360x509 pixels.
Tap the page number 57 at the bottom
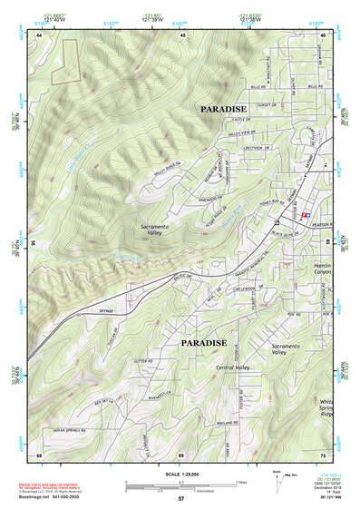[x=180, y=499]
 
